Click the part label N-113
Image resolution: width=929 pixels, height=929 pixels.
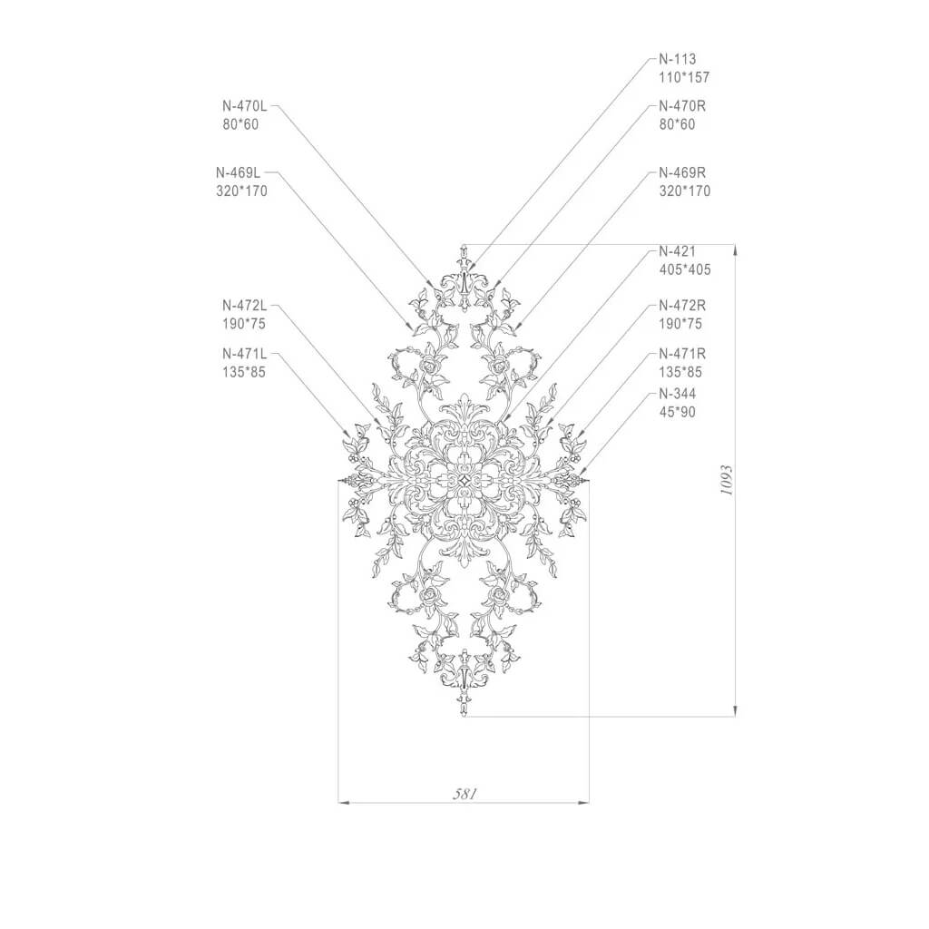pyautogui.click(x=677, y=59)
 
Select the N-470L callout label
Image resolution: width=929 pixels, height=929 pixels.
pyautogui.click(x=245, y=107)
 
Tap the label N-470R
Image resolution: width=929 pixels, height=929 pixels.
pyautogui.click(x=682, y=107)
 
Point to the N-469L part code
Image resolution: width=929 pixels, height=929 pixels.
pyautogui.click(x=239, y=173)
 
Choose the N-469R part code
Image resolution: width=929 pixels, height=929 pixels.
pyautogui.click(x=682, y=173)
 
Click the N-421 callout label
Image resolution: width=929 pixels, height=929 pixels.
pyautogui.click(x=677, y=251)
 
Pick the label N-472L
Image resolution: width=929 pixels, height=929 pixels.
pyautogui.click(x=245, y=306)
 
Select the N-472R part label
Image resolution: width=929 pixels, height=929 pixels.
pyautogui.click(x=682, y=306)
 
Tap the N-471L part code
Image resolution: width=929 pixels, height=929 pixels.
pyautogui.click(x=245, y=354)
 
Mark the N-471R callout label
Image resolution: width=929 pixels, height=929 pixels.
pyautogui.click(x=682, y=354)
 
